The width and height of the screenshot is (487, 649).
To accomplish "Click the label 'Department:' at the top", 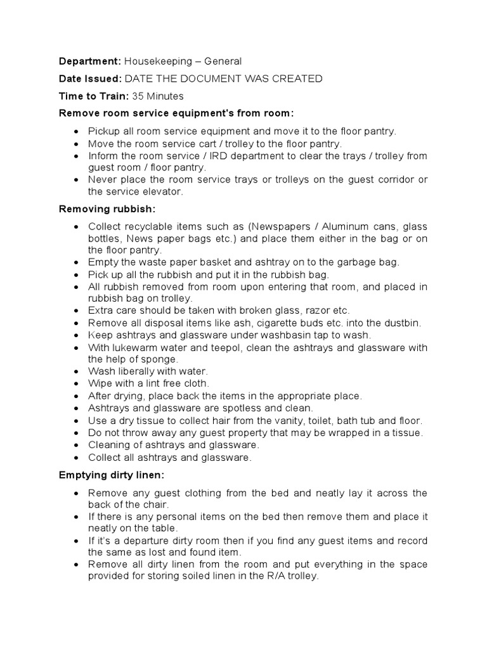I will pos(89,61).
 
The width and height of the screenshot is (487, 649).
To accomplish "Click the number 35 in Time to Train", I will pos(138,96).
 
